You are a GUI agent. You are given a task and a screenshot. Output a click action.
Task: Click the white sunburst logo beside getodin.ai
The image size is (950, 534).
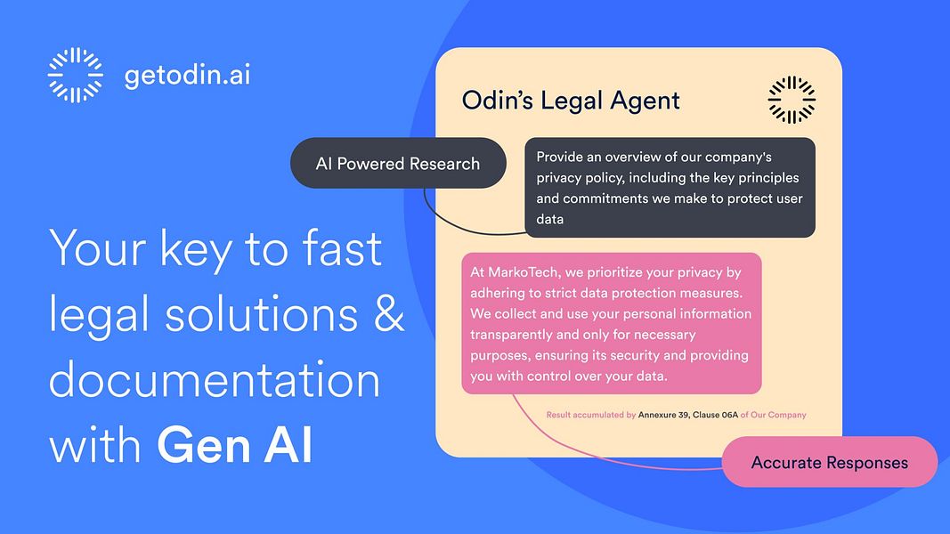point(75,75)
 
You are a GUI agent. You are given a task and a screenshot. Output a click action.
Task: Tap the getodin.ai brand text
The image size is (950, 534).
point(188,75)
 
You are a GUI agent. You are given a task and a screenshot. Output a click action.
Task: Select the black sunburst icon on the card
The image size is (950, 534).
point(792,100)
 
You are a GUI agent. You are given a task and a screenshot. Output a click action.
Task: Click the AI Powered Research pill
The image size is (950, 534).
point(398,164)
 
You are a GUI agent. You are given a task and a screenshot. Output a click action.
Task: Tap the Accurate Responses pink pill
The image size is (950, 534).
point(829,462)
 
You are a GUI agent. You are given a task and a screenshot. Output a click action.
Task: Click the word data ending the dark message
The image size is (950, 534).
point(549,219)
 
